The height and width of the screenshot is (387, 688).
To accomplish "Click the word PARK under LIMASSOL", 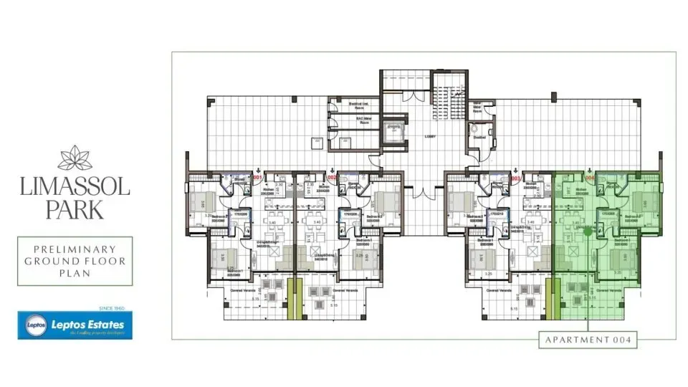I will coord(75,209).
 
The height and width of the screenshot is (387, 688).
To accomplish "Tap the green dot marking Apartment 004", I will coord(588,231).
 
